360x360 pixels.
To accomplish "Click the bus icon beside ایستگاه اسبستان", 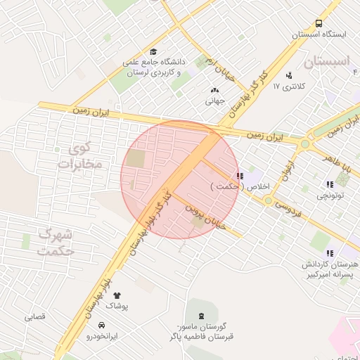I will pos(319,23).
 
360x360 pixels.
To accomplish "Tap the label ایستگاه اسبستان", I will pos(320,34).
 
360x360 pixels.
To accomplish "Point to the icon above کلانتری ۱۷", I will pos(289,75).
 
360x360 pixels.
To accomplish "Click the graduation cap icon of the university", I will pos(153,51).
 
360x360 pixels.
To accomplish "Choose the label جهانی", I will pos(214,101).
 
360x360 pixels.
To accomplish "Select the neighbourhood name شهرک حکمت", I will pos(55,241).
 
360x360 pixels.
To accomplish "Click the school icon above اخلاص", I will pos(240,176).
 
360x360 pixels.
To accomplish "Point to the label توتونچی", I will pos(330,195).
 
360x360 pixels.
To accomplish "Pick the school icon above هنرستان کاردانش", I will pos(329,252).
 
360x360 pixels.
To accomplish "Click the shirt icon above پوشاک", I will pos(117,295).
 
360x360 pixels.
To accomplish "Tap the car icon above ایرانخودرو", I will pos(103,326).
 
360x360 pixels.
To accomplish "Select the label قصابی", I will pos(34,317).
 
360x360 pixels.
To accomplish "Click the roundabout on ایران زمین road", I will pos(304,144).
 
